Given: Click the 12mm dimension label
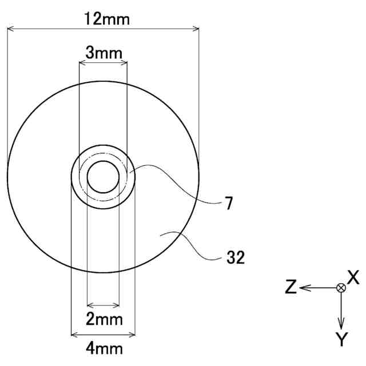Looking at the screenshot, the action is pos(107,19).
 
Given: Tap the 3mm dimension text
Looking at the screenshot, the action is pos(104,53).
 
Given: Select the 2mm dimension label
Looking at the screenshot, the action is pos(104,319).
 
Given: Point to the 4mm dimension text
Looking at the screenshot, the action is pos(104,349).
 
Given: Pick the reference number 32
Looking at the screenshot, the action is pos(236,257).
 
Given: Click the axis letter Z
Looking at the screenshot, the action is pos(291,287).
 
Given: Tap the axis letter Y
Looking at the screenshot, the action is pos(342,339).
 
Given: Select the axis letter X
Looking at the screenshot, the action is pos(353,277).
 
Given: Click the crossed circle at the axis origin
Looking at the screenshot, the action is pos(341,288).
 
